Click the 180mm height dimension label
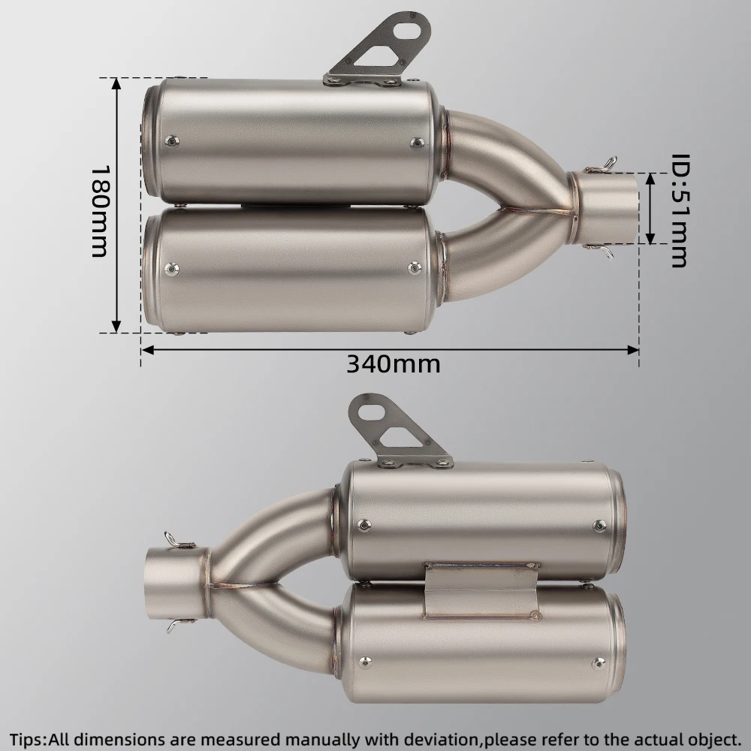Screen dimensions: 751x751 click(100, 211)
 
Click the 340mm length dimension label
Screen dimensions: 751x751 click(394, 364)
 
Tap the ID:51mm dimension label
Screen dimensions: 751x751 click(679, 210)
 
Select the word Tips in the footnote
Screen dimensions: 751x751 click(28, 738)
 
